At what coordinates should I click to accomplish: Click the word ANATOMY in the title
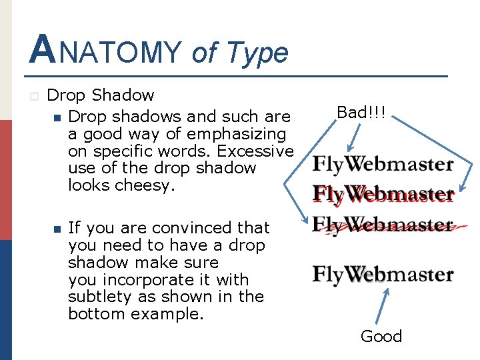click(x=105, y=51)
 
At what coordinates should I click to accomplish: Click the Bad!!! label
click(x=361, y=112)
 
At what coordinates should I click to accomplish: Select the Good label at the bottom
click(x=381, y=336)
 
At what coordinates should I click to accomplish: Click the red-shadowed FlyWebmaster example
click(x=383, y=194)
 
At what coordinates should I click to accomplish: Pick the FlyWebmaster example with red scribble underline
click(x=383, y=225)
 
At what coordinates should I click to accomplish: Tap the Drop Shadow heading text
click(x=101, y=96)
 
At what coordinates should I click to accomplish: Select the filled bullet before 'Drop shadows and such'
click(x=57, y=117)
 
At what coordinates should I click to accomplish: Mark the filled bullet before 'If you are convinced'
click(x=57, y=229)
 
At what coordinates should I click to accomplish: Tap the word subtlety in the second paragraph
click(x=99, y=297)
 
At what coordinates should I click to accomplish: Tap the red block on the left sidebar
click(x=6, y=180)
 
